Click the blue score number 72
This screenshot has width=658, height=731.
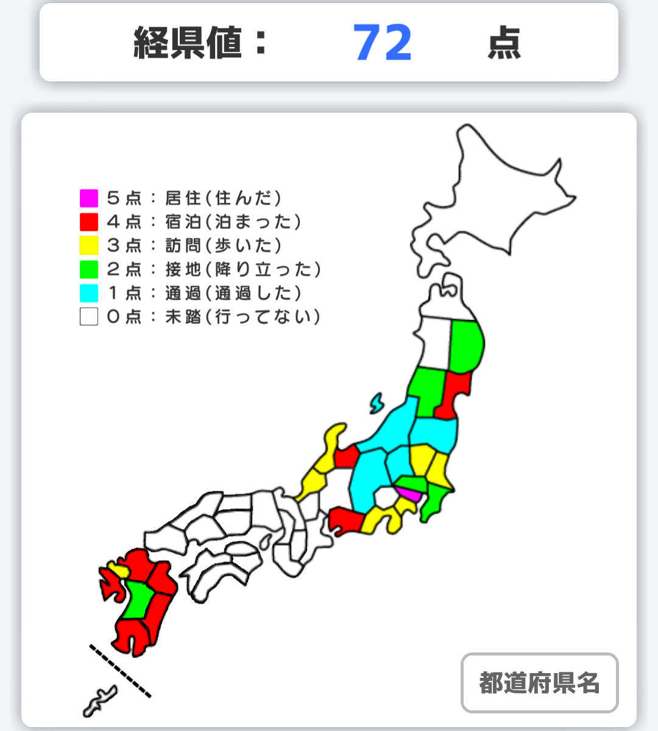pyautogui.click(x=383, y=43)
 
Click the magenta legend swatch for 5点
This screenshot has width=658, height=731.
pyautogui.click(x=89, y=198)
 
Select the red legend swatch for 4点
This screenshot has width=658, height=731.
pyautogui.click(x=89, y=222)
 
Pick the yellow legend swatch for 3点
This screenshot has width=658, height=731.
pyautogui.click(x=89, y=245)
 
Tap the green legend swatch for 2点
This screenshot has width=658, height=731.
pyautogui.click(x=89, y=269)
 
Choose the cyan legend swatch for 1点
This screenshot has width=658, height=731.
pyautogui.click(x=89, y=293)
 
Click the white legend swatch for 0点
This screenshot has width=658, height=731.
pyautogui.click(x=89, y=317)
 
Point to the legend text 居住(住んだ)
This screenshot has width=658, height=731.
pyautogui.click(x=223, y=198)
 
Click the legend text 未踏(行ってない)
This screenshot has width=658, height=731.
pyautogui.click(x=242, y=317)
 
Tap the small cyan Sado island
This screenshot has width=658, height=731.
pyautogui.click(x=377, y=403)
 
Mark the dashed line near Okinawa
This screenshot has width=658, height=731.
pyautogui.click(x=120, y=670)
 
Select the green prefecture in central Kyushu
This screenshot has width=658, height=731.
pyautogui.click(x=139, y=600)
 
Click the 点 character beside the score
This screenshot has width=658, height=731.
pyautogui.click(x=504, y=43)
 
